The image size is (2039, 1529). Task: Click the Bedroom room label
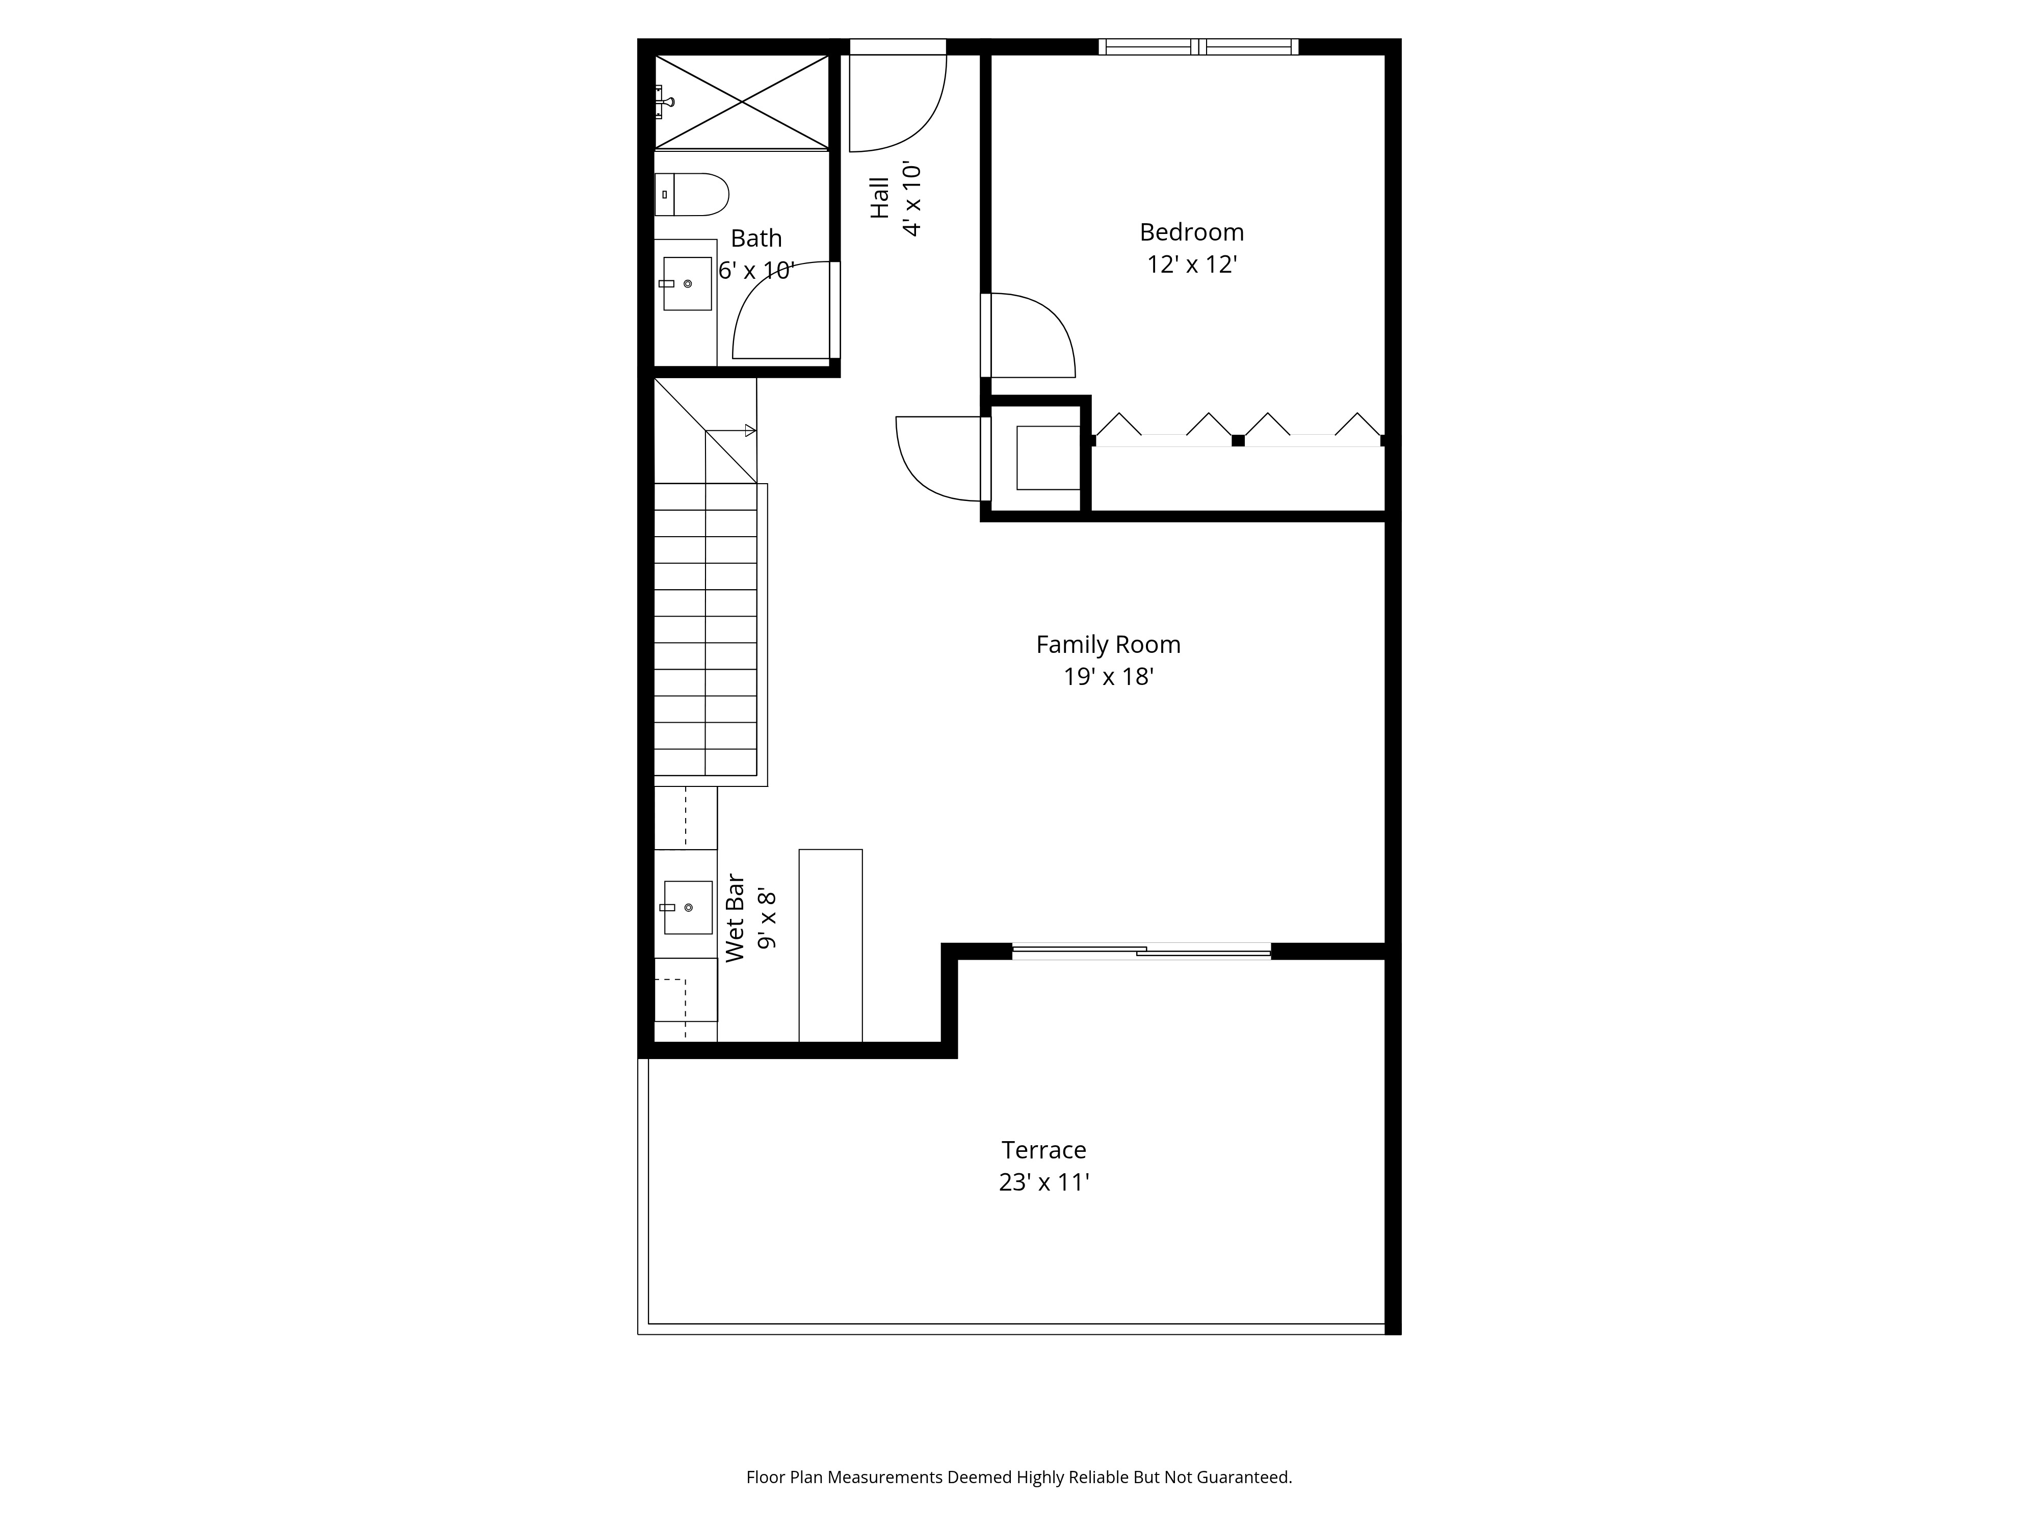point(1191,232)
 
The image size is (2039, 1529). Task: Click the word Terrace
point(1043,1150)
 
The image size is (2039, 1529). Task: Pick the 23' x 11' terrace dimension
point(1043,1182)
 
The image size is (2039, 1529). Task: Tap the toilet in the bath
point(693,195)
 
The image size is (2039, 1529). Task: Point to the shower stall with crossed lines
point(742,101)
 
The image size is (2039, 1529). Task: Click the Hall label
point(880,198)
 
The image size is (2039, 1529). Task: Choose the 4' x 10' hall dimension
point(912,200)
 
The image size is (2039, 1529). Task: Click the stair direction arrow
point(750,430)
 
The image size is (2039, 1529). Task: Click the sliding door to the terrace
point(1141,951)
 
